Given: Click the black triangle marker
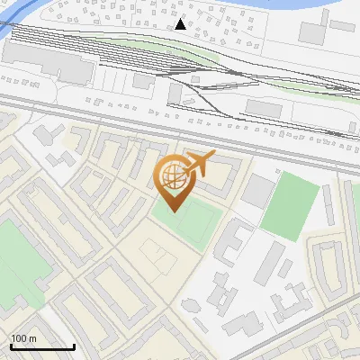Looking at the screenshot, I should [181, 24].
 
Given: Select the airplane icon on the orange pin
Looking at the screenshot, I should [199, 163].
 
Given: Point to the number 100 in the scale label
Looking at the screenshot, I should [19, 338].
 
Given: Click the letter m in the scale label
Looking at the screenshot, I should [32, 338].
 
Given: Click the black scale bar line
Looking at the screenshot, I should [41, 346].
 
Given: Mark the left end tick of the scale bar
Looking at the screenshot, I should [10, 345].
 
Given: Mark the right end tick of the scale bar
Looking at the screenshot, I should [74, 345].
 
